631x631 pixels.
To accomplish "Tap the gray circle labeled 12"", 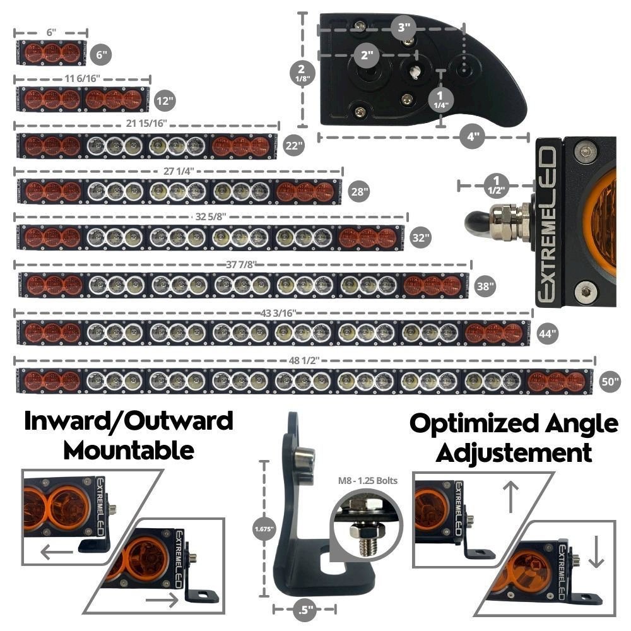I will pyautogui.click(x=164, y=100).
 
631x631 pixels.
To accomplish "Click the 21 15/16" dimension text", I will pyautogui.click(x=146, y=123).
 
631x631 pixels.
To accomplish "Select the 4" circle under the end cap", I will pyautogui.click(x=472, y=136).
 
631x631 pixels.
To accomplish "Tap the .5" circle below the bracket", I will pyautogui.click(x=305, y=610).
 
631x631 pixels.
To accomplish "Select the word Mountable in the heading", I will pyautogui.click(x=128, y=450).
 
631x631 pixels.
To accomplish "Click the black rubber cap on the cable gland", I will pyautogui.click(x=476, y=222).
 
